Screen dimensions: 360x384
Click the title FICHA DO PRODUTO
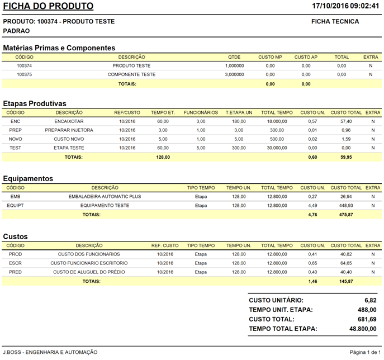click(x=49, y=7)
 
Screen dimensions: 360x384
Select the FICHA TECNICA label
click(x=335, y=22)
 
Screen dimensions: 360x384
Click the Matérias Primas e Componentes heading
click(x=59, y=48)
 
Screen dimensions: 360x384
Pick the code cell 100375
click(x=24, y=74)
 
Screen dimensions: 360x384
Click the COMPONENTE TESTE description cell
click(x=131, y=74)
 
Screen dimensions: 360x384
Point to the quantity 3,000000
click(x=234, y=74)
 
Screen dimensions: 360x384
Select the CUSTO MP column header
click(x=270, y=57)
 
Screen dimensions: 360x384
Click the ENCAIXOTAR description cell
click(x=69, y=121)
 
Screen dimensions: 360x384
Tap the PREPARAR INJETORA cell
click(x=69, y=130)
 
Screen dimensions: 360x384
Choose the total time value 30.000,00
click(x=277, y=148)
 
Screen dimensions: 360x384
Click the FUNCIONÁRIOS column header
click(x=201, y=112)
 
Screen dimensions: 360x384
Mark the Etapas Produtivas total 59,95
click(x=346, y=157)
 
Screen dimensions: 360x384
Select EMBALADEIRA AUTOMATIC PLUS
click(x=105, y=197)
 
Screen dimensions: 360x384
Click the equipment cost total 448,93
click(x=346, y=206)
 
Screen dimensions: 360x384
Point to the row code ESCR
click(x=16, y=263)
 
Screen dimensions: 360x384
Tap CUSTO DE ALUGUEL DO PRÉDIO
click(x=89, y=272)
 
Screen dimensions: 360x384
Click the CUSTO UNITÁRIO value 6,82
click(x=370, y=300)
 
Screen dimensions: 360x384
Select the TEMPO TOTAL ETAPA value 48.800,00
click(x=363, y=329)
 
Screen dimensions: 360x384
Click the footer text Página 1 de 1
click(x=365, y=352)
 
